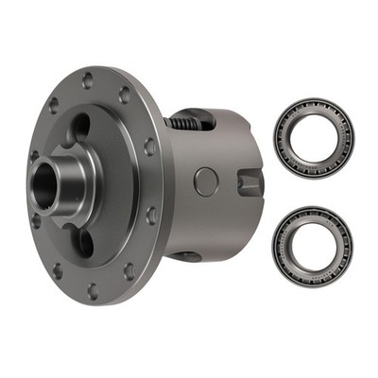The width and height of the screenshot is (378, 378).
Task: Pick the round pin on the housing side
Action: pyautogui.click(x=206, y=180)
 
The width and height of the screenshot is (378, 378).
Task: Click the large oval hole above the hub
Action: pyautogui.click(x=82, y=128)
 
